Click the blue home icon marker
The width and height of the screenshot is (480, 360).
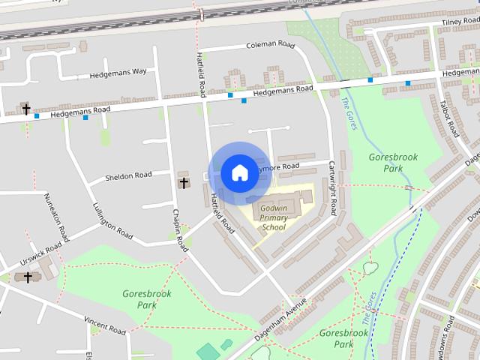[238, 173]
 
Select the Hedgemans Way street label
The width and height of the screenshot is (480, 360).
[118, 72]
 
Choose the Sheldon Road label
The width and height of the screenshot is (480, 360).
[128, 175]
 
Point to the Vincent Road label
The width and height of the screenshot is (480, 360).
[104, 325]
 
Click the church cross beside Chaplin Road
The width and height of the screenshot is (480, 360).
[184, 182]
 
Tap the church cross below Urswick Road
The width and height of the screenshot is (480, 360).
[28, 277]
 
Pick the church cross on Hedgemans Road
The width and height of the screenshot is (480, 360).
[25, 109]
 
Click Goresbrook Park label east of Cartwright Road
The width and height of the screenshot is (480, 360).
[393, 163]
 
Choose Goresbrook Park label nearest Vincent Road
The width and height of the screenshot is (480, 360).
[146, 299]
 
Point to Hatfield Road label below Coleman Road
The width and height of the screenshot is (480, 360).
[201, 73]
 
